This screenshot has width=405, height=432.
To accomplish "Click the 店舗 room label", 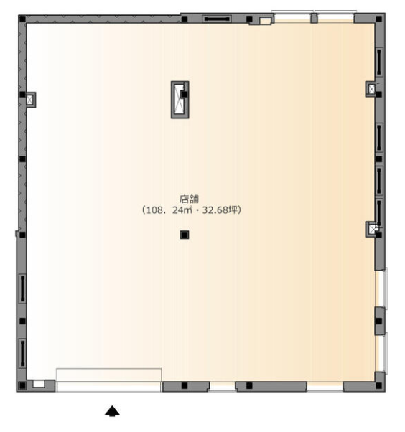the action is [x=189, y=199].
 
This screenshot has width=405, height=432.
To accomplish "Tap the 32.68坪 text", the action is [x=220, y=210].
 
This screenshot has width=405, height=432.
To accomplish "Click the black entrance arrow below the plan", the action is [x=112, y=410].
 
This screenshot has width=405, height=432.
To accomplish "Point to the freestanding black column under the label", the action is [x=185, y=235].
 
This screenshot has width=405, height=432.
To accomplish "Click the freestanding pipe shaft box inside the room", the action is [x=180, y=100].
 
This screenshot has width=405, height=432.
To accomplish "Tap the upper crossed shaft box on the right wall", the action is [x=371, y=89].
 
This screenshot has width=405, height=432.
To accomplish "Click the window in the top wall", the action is [x=217, y=19].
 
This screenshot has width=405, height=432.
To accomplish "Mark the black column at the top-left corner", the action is [x=22, y=19].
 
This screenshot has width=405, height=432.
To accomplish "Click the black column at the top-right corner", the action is [x=379, y=19].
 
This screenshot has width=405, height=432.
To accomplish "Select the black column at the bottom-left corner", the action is [x=22, y=386].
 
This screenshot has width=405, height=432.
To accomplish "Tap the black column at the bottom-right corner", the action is [x=379, y=386].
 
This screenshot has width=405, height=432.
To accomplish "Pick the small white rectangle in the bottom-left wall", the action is [x=39, y=384].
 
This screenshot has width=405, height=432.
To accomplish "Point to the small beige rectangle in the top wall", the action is [x=266, y=21].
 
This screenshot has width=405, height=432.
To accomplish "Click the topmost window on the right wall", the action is [x=379, y=62].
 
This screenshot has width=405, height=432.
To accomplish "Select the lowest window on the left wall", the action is [x=22, y=354].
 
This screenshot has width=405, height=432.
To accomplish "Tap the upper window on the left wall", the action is [x=22, y=288].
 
